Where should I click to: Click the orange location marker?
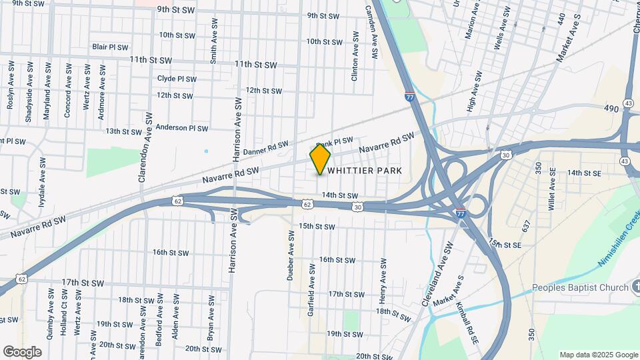[320, 159]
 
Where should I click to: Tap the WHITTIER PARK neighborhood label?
[364, 171]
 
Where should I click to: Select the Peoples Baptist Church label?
[580, 288]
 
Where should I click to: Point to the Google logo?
[22, 351]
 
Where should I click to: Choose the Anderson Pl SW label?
[182, 128]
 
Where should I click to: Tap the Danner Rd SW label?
[266, 148]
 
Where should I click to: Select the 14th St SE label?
[584, 173]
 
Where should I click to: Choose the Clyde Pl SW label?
[177, 79]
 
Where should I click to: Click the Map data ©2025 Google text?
[598, 355]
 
